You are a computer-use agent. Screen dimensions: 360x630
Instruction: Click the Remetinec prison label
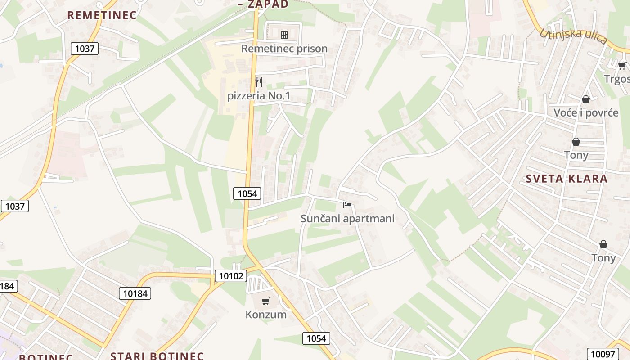click(284, 49)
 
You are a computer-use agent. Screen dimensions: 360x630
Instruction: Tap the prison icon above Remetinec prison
click(284, 35)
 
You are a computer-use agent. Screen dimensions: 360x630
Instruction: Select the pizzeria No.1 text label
click(259, 96)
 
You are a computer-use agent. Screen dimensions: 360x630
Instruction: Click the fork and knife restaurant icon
click(259, 82)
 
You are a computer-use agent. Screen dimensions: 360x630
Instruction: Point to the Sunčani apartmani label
click(347, 219)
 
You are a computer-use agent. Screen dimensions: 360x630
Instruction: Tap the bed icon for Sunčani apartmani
click(347, 205)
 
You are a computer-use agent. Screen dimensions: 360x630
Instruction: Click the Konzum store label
click(266, 315)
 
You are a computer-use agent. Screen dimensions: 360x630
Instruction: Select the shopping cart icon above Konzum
click(266, 301)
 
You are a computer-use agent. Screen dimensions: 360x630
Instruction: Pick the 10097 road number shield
click(602, 354)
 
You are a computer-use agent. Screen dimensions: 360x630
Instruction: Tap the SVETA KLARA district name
click(567, 179)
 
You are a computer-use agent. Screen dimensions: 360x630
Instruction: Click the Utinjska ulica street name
click(573, 36)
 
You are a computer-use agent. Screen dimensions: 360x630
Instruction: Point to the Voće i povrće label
click(586, 112)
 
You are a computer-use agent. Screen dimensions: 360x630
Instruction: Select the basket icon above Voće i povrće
click(586, 99)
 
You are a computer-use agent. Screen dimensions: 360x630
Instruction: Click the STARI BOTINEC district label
click(157, 356)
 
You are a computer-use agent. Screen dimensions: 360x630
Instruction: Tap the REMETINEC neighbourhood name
click(102, 15)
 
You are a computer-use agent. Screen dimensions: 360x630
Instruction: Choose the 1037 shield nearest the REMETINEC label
click(85, 49)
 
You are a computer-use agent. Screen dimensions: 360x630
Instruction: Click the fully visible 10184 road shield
click(135, 293)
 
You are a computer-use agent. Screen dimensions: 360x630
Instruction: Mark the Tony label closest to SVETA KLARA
click(576, 155)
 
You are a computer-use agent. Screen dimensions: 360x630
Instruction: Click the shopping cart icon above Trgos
click(622, 66)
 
